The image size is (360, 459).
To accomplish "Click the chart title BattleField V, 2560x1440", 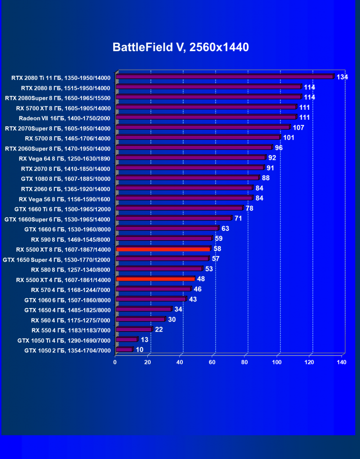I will click(180, 47).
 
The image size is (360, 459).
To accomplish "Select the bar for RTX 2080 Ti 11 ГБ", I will click(225, 77).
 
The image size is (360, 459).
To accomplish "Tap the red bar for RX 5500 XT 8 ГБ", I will click(163, 249).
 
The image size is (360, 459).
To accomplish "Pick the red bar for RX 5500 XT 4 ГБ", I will click(155, 279).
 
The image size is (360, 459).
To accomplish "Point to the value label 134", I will click(342, 77).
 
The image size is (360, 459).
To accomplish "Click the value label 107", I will click(298, 128).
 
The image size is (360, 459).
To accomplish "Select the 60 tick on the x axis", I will click(212, 362).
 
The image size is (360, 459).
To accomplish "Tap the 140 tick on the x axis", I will click(341, 362).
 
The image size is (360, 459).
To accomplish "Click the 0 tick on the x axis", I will click(115, 362).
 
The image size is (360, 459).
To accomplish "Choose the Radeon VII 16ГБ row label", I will click(64, 118).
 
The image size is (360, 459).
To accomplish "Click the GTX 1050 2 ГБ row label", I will click(67, 351).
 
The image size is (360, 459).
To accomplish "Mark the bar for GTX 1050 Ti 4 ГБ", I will click(126, 339).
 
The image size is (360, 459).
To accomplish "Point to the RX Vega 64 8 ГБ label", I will click(64, 159).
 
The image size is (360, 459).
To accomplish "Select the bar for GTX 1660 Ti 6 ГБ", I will click(179, 208).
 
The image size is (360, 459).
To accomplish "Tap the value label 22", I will click(159, 329).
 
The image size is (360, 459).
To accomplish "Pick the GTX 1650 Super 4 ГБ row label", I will click(56, 259).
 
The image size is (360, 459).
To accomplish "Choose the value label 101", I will click(289, 138).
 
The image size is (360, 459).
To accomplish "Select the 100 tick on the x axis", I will click(277, 362).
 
